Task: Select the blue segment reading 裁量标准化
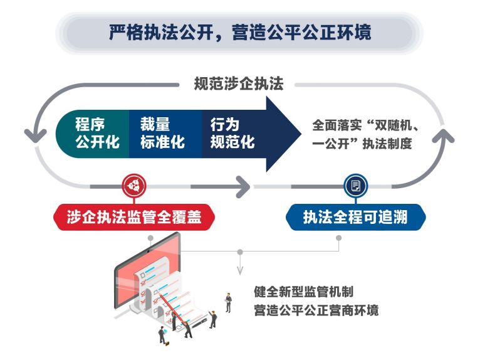pos(165,134)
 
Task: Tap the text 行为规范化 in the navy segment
pos(232,134)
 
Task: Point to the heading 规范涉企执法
pos(239,83)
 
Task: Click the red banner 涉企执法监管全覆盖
pos(134,217)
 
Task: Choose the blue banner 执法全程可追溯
pos(356,217)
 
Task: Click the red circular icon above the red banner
pos(134,186)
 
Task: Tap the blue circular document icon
pos(356,186)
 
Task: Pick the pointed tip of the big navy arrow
pos(301,134)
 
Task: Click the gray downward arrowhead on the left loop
pos(36,135)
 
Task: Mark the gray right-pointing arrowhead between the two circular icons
pos(243,187)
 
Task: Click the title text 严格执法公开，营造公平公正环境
pos(240,33)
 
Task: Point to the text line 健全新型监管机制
pos(304,292)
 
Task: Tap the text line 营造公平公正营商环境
pos(316,310)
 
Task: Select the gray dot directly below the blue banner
pos(338,238)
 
